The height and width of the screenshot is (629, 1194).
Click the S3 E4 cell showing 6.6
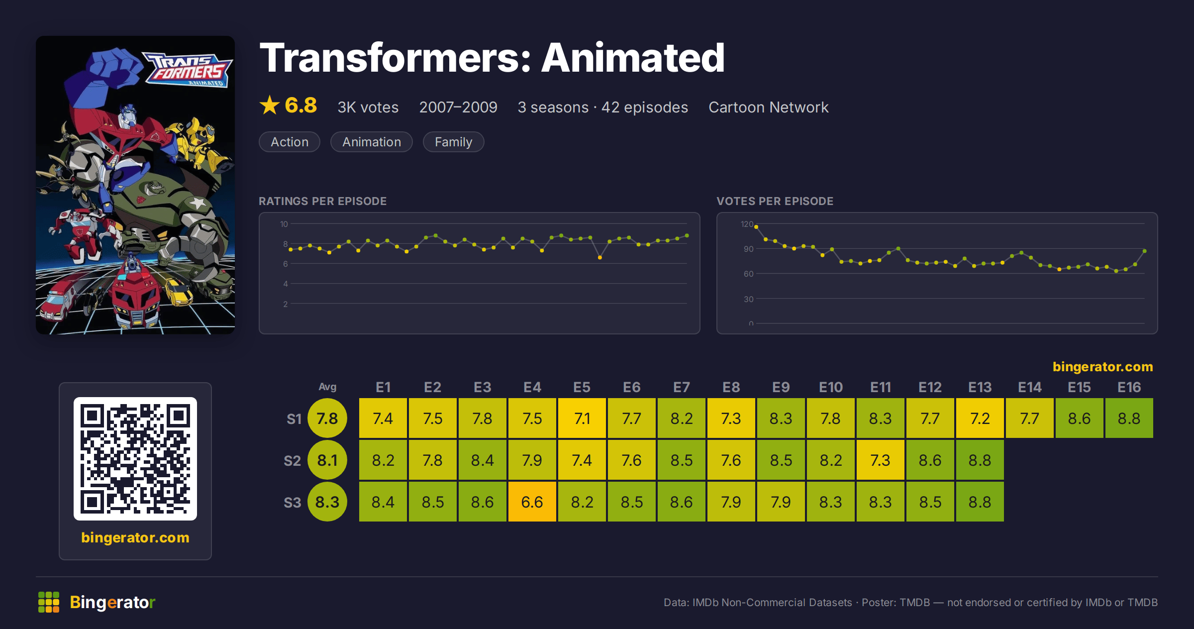(532, 502)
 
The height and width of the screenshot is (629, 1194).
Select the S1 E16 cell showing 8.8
(1129, 418)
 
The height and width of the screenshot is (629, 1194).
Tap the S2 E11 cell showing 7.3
(880, 460)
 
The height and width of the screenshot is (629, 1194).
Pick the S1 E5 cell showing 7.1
(582, 418)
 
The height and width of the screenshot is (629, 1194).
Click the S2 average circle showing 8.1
(327, 460)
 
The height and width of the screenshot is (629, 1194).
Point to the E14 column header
(1029, 387)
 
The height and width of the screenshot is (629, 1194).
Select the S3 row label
(293, 503)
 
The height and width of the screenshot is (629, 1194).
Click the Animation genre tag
(372, 142)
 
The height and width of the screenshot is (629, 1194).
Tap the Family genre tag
(453, 142)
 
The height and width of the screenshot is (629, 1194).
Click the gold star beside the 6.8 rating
(270, 105)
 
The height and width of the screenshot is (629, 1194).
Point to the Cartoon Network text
(769, 107)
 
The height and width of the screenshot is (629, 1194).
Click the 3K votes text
(368, 107)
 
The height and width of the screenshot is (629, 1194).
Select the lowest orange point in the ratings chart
(600, 257)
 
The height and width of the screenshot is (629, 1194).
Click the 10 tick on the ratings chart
(284, 224)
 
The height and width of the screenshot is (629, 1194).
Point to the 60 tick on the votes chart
(748, 274)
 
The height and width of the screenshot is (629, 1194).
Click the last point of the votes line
(1145, 251)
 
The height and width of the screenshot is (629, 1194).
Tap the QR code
(135, 459)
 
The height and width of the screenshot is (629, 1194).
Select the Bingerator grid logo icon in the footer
(49, 602)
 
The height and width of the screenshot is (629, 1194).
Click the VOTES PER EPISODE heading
(775, 201)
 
